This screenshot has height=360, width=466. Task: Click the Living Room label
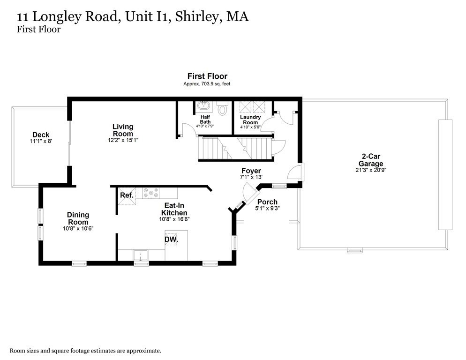click(123, 130)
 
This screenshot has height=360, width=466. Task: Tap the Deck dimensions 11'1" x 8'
click(41, 141)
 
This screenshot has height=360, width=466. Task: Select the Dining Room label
click(78, 218)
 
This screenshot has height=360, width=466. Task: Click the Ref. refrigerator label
click(127, 195)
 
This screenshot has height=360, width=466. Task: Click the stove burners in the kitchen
click(151, 192)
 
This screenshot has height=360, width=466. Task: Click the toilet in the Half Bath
click(223, 109)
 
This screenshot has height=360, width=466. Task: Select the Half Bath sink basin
click(204, 107)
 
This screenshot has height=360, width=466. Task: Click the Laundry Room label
click(250, 120)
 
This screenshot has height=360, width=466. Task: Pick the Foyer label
click(251, 171)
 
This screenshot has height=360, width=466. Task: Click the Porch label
click(267, 202)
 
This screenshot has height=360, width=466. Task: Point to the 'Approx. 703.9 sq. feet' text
click(207, 84)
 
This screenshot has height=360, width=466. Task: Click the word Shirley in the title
click(197, 17)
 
